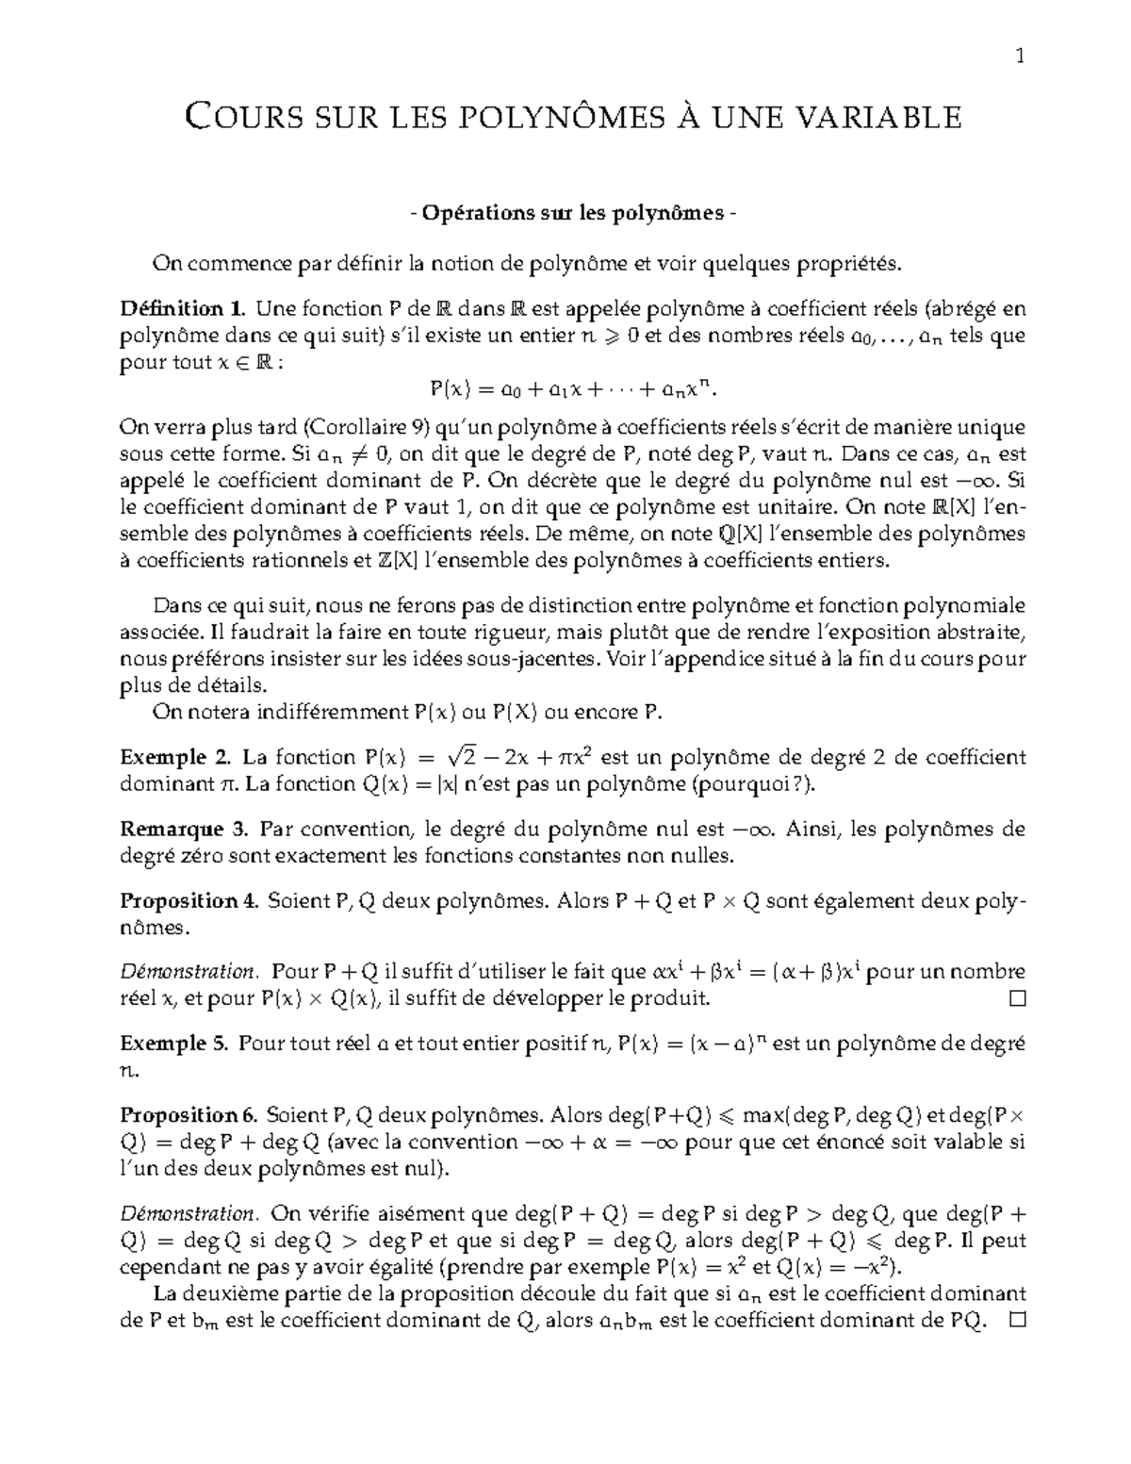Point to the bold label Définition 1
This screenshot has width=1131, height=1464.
point(183,308)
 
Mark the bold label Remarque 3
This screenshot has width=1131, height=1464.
point(185,830)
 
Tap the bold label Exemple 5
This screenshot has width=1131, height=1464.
point(174,1044)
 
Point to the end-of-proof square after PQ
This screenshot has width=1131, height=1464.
point(1016,1322)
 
